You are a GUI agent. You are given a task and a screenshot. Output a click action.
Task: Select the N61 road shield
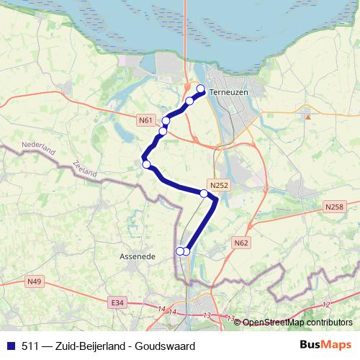tap(146, 120)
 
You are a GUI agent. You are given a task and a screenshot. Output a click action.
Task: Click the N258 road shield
tap(334, 207)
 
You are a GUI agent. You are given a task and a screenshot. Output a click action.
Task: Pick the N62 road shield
tap(241, 243)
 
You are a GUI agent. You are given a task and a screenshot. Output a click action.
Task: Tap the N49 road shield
tap(35, 281)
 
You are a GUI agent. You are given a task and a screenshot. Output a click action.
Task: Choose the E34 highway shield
tap(118, 303)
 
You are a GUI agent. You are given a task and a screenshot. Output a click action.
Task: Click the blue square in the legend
tap(10, 347)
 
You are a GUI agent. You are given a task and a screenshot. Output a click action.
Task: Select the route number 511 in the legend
tap(31, 347)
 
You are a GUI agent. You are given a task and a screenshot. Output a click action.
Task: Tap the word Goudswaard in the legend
tap(167, 347)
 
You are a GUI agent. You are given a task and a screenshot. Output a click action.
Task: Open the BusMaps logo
tap(325, 346)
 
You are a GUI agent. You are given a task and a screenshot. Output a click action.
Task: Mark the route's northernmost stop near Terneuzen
tap(201, 90)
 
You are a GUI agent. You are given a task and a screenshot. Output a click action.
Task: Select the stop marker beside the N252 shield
tap(204, 194)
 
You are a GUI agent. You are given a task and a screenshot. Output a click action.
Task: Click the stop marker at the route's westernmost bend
tap(147, 165)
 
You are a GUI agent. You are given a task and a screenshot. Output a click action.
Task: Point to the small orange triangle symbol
tap(308, 115)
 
